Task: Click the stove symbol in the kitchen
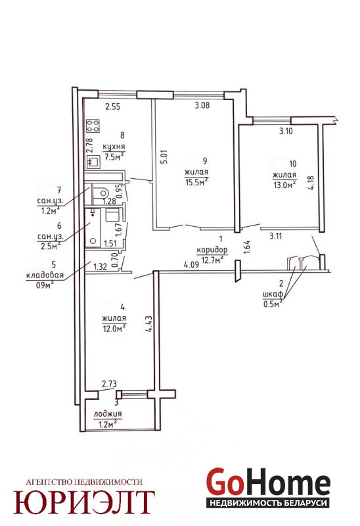tap(93, 126)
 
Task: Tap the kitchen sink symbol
tap(93, 162)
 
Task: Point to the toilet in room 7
tap(101, 193)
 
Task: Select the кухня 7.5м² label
tap(114, 152)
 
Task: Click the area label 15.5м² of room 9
tap(196, 182)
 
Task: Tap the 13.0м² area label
tap(284, 185)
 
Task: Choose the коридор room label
tap(212, 250)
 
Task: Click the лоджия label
tap(108, 414)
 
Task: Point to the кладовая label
tap(45, 275)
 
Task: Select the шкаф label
tap(273, 295)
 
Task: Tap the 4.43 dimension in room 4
tap(150, 323)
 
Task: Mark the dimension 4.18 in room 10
tap(312, 183)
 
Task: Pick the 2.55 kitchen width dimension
tap(113, 107)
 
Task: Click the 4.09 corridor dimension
tap(191, 265)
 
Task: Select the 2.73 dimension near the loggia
tap(109, 383)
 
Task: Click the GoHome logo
tap(268, 487)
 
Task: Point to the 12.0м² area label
tap(114, 328)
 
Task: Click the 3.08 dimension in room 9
tap(202, 105)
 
